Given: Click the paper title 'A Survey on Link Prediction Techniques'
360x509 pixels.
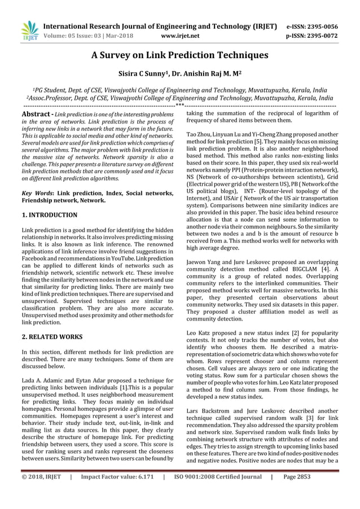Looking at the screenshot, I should [x=179, y=55].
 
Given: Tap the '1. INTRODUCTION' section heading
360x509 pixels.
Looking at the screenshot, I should [x=49, y=215].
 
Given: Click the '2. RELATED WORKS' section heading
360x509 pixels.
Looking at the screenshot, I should [x=51, y=337].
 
